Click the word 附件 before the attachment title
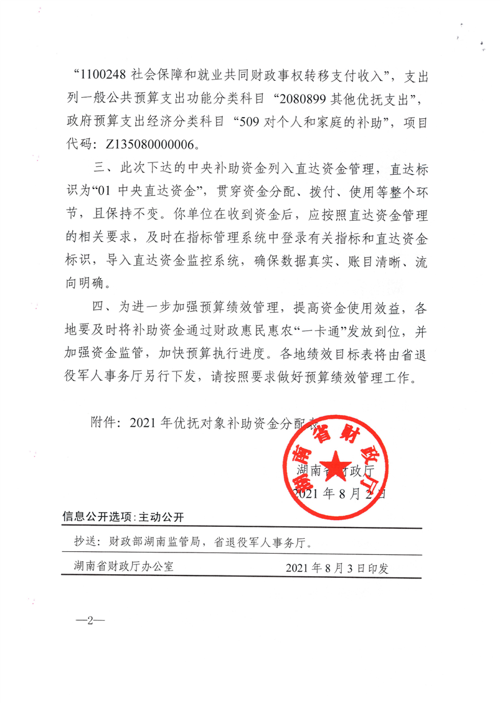pos(102,423)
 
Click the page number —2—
pos(90,622)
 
